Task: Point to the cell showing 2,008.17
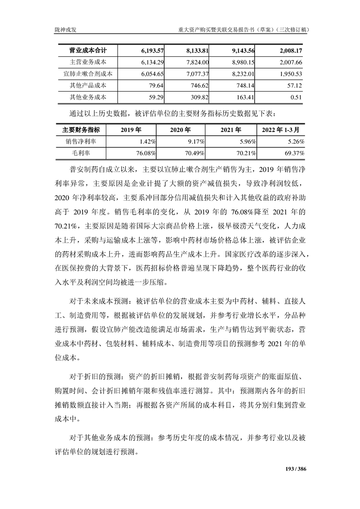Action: click(289, 50)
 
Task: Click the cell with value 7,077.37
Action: click(195, 73)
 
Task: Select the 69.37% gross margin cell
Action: click(294, 153)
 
